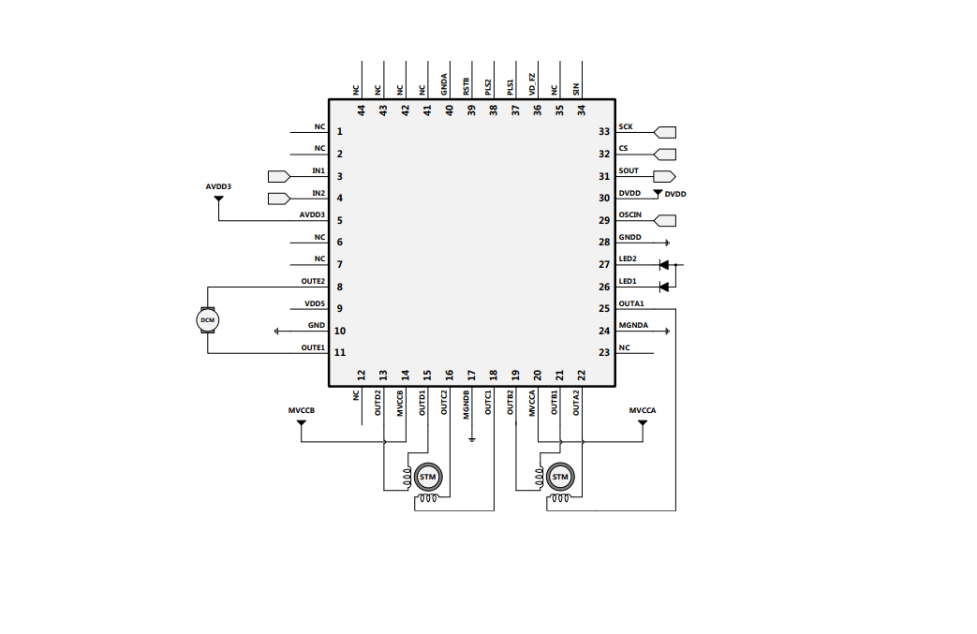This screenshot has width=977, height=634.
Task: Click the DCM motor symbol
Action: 207,320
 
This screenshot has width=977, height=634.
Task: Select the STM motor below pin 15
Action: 428,477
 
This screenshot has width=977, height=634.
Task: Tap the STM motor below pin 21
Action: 560,477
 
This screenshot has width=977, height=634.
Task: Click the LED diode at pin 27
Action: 664,264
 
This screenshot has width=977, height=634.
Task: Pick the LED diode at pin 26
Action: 664,286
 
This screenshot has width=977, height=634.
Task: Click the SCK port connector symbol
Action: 664,132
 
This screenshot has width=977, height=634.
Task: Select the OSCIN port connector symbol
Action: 664,221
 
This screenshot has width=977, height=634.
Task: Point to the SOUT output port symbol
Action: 664,176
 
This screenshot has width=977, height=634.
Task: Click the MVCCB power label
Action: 301,411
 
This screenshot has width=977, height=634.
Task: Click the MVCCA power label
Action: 643,411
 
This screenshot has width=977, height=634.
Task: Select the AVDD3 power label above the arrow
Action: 218,187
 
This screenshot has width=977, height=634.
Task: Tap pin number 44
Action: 362,110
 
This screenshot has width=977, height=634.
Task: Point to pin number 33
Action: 604,132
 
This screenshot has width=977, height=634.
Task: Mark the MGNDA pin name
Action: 633,325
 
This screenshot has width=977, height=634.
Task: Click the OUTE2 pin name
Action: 313,281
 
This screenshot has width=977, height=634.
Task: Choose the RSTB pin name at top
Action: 466,86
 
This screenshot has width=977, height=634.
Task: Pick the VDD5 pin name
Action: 315,303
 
